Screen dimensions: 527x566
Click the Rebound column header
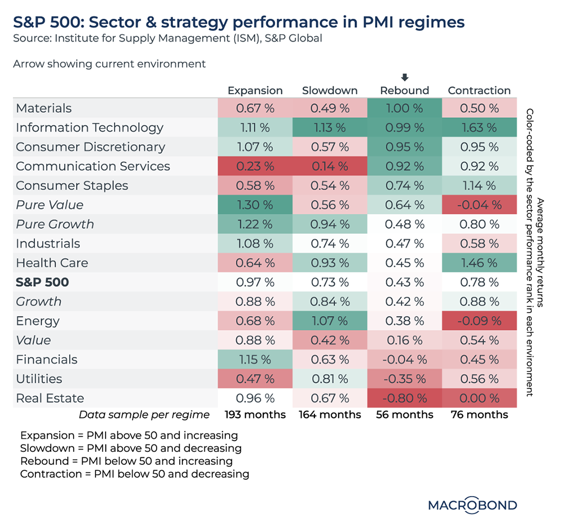[x=404, y=90]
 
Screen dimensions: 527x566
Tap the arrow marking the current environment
[x=404, y=77]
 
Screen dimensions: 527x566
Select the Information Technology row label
[x=89, y=127]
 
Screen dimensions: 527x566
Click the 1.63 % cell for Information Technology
[x=479, y=127]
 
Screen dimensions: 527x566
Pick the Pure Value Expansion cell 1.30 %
[x=255, y=205]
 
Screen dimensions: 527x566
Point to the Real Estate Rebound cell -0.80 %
[x=404, y=398]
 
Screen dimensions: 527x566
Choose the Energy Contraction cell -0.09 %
[x=479, y=321]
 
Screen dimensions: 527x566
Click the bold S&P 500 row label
[x=42, y=282]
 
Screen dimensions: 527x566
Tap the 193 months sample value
[x=255, y=415]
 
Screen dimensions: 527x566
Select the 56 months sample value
[x=404, y=415]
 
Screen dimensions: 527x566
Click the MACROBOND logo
[x=472, y=505]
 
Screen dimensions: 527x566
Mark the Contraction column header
[x=479, y=90]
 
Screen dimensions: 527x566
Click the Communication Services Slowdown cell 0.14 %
[x=330, y=166]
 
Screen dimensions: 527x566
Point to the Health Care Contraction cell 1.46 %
[x=479, y=263]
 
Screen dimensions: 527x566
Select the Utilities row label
[x=39, y=379]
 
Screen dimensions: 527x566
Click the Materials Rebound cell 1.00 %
[x=404, y=108]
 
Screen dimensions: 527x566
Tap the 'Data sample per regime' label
[x=144, y=415]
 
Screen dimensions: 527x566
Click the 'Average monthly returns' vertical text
[x=540, y=253]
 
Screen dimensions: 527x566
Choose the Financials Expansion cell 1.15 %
[x=255, y=360]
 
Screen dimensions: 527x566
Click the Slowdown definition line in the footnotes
[x=131, y=448]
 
